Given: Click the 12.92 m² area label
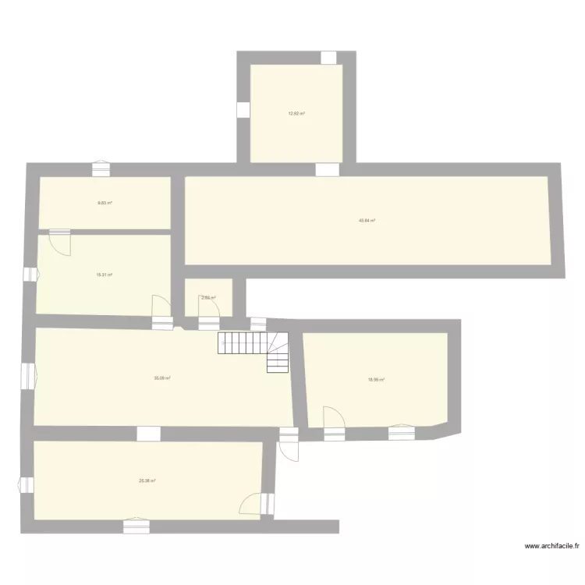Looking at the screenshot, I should [296, 114].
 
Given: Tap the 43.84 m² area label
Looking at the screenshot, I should [367, 221].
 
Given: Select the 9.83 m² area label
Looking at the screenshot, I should [105, 203].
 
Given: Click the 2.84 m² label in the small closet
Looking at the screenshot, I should [208, 297].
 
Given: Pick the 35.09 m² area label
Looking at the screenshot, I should [162, 378].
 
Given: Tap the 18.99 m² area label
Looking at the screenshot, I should [376, 380].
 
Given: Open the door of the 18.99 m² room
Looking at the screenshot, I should [333, 421].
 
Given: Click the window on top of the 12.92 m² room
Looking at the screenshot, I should [328, 58].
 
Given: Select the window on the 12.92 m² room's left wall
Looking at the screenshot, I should [243, 111].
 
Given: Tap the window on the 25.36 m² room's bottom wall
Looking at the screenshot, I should [135, 526].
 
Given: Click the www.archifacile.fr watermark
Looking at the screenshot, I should [551, 547].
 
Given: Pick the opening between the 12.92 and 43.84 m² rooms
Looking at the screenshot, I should [327, 169].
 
